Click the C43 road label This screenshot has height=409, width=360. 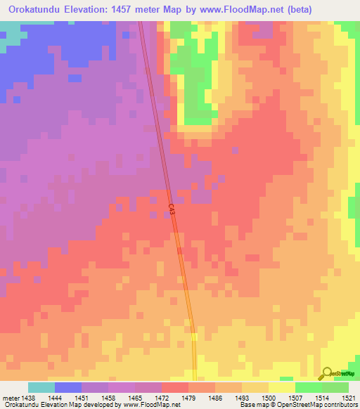(x=172, y=208)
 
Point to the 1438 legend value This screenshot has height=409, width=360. (x=28, y=397)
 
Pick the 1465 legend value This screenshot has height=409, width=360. (x=135, y=397)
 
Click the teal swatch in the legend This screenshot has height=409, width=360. (x=41, y=387)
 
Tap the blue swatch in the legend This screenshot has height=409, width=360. (x=68, y=387)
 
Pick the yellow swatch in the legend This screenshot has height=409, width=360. (x=282, y=387)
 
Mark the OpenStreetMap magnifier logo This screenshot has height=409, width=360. (x=327, y=373)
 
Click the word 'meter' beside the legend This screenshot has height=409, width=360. (x=10, y=397)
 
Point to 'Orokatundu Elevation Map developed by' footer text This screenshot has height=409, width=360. (x=56, y=405)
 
